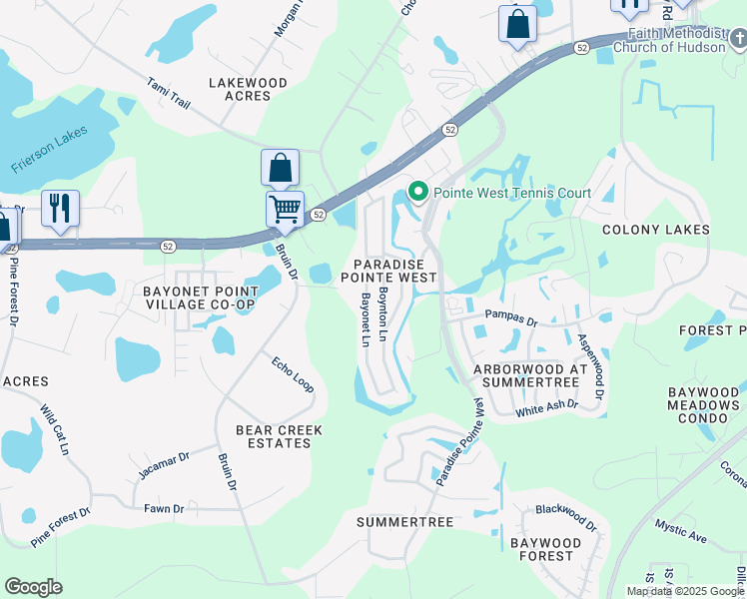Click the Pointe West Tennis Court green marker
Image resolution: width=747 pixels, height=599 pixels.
(419, 193)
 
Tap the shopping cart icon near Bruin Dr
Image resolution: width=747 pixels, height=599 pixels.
(285, 210)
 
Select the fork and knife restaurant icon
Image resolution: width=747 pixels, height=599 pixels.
(60, 209)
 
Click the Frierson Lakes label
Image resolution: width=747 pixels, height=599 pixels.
(50, 150)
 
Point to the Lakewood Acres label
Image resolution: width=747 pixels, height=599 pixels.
(247, 90)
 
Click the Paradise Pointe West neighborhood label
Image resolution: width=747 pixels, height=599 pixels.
(389, 270)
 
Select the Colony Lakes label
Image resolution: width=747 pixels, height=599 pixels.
(655, 230)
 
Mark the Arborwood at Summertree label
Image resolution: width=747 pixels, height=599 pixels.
(531, 376)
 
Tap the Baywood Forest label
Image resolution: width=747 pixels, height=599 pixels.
(542, 549)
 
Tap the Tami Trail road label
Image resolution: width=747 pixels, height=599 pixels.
(168, 95)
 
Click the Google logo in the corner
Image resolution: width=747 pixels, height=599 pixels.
(33, 587)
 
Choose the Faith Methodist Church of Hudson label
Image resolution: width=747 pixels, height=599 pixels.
(679, 40)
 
